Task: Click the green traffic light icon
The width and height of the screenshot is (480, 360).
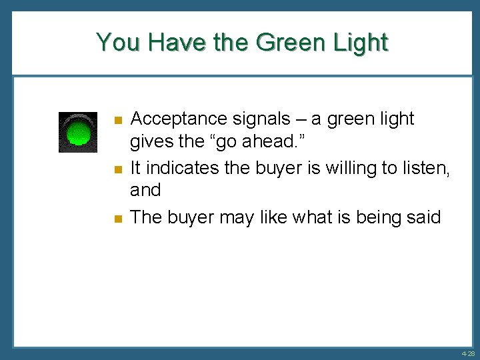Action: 78,132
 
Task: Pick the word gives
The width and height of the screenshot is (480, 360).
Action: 150,143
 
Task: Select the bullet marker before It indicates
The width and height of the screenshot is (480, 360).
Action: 117,169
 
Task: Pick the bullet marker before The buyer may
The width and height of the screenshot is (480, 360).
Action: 117,219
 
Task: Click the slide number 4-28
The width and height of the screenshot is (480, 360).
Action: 467,353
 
